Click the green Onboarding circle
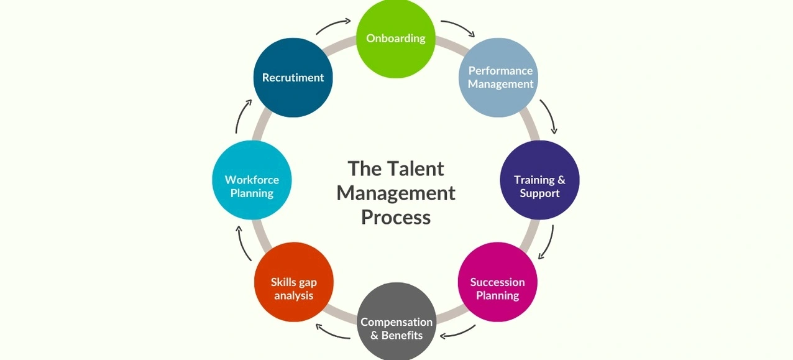396,39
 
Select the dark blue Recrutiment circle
293,78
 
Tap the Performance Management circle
498,78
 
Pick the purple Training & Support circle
539,180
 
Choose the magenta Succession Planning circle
497,282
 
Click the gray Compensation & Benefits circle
396,323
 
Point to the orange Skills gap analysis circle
294,282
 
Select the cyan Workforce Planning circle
252,180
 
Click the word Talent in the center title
416,168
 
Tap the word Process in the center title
396,217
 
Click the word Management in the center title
396,193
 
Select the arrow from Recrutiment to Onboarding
333,26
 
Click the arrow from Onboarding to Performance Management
457,28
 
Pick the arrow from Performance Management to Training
548,116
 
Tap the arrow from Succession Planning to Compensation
457,333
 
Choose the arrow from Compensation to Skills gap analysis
332,332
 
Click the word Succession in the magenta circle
497,282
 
